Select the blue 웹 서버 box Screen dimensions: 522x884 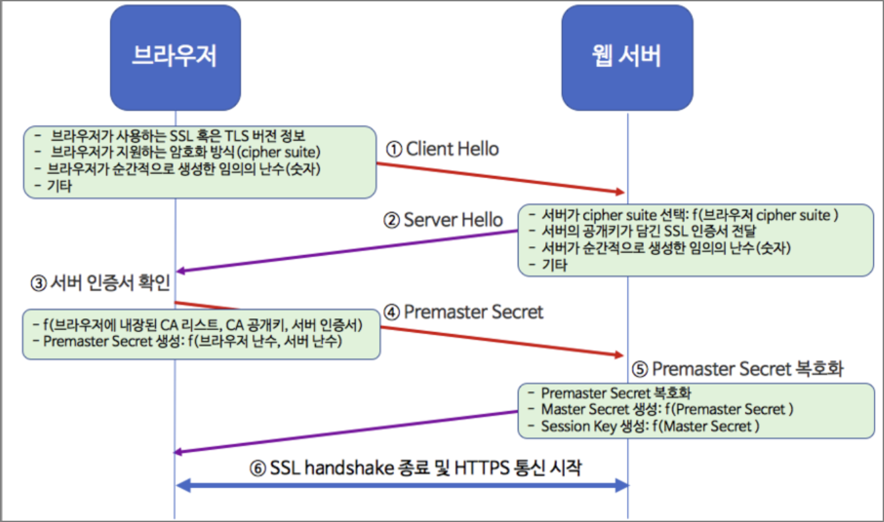click(x=627, y=57)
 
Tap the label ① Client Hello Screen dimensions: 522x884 click(x=443, y=149)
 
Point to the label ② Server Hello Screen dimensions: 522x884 click(x=444, y=220)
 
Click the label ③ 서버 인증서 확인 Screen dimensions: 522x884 click(x=101, y=284)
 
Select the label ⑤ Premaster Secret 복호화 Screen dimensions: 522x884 click(x=738, y=369)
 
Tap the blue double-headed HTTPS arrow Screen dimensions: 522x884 click(x=402, y=486)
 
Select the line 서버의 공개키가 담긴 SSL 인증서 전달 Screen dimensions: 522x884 click(x=649, y=231)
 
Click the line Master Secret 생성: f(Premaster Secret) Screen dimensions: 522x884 click(x=667, y=409)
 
